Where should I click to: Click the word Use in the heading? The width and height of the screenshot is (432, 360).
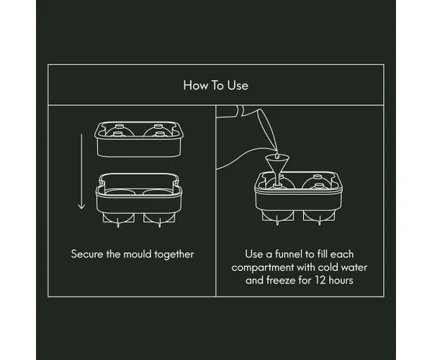pyautogui.click(x=238, y=86)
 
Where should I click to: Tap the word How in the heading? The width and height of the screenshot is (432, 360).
pyautogui.click(x=196, y=86)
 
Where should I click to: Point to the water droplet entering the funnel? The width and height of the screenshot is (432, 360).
pyautogui.click(x=277, y=156)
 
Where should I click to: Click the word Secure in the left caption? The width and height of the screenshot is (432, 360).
pyautogui.click(x=87, y=254)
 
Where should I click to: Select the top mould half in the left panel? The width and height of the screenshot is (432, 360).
pyautogui.click(x=139, y=140)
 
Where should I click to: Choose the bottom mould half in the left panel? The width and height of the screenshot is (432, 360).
pyautogui.click(x=139, y=200)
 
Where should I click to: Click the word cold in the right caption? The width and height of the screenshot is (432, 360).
pyautogui.click(x=328, y=267)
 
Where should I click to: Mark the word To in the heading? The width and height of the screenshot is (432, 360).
pyautogui.click(x=217, y=86)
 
